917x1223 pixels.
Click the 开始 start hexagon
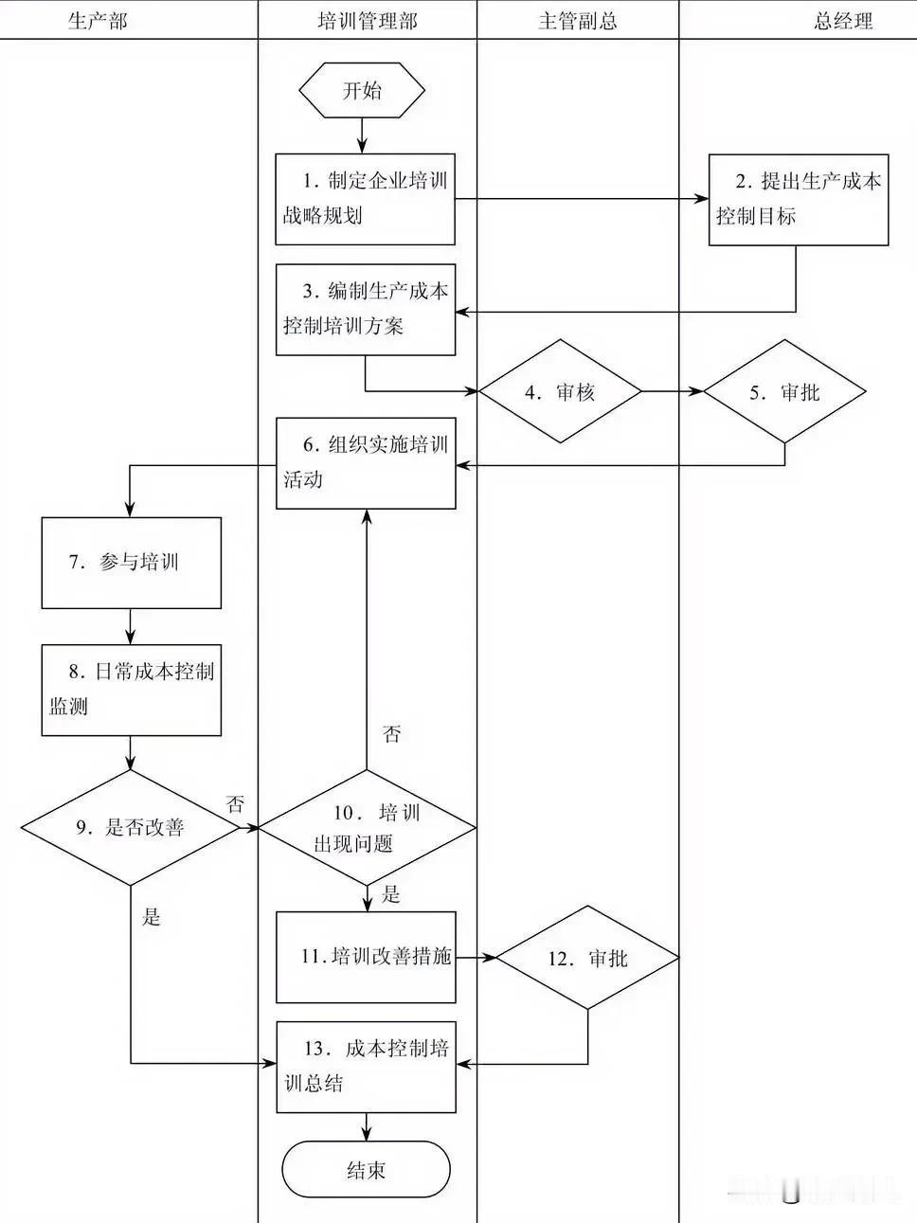pos(362,91)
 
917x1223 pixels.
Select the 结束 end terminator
pos(366,1169)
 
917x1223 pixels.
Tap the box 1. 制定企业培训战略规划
pos(366,199)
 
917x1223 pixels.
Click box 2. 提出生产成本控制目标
pos(799,199)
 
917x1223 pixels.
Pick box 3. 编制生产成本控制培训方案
pos(366,310)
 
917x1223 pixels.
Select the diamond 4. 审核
pos(561,391)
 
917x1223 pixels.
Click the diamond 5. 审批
pos(784,391)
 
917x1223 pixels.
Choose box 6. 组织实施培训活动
pos(366,462)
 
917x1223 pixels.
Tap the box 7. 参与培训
pos(131,563)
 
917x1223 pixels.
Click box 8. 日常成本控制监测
pos(131,690)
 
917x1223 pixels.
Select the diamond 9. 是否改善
pos(131,828)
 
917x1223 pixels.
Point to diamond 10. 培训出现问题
pos(367,828)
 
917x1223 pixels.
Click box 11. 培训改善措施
pos(366,957)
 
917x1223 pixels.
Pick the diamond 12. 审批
pos(587,959)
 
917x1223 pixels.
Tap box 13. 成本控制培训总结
pos(366,1066)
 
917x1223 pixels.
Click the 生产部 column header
pos(98,21)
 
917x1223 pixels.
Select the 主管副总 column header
pos(577,21)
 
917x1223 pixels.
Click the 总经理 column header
pos(842,21)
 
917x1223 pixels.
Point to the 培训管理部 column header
pos(367,21)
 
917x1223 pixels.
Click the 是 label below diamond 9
pos(152,917)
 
